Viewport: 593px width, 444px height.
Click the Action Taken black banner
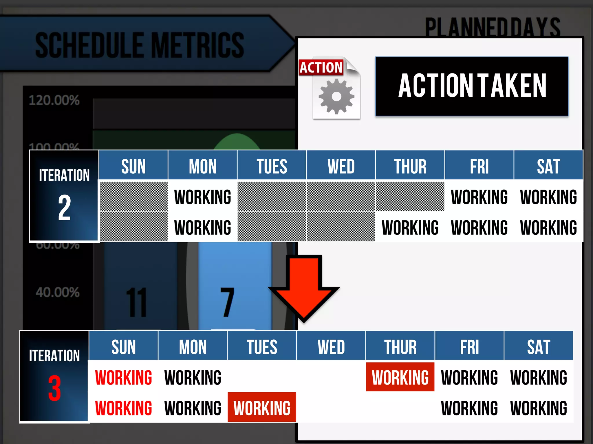(x=472, y=86)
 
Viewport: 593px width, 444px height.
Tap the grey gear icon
(x=336, y=97)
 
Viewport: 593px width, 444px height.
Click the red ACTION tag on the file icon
(x=321, y=68)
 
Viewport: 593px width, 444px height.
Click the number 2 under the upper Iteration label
(x=64, y=208)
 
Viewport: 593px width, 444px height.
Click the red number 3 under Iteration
(x=54, y=388)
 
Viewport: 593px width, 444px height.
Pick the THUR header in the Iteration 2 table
(x=410, y=166)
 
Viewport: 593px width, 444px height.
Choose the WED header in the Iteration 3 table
(x=331, y=347)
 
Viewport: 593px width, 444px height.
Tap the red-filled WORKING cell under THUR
(x=400, y=377)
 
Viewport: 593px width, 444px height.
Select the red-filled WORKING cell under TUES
(x=262, y=408)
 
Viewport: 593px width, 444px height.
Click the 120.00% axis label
(x=54, y=100)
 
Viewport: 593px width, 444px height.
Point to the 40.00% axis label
(x=58, y=292)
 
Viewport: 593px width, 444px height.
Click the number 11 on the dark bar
(x=136, y=302)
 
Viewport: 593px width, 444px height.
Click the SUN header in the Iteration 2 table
(x=133, y=166)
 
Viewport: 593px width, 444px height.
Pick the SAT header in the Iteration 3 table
(x=539, y=347)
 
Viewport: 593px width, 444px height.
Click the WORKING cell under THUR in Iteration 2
(x=410, y=227)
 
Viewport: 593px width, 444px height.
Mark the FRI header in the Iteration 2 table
(x=479, y=166)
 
